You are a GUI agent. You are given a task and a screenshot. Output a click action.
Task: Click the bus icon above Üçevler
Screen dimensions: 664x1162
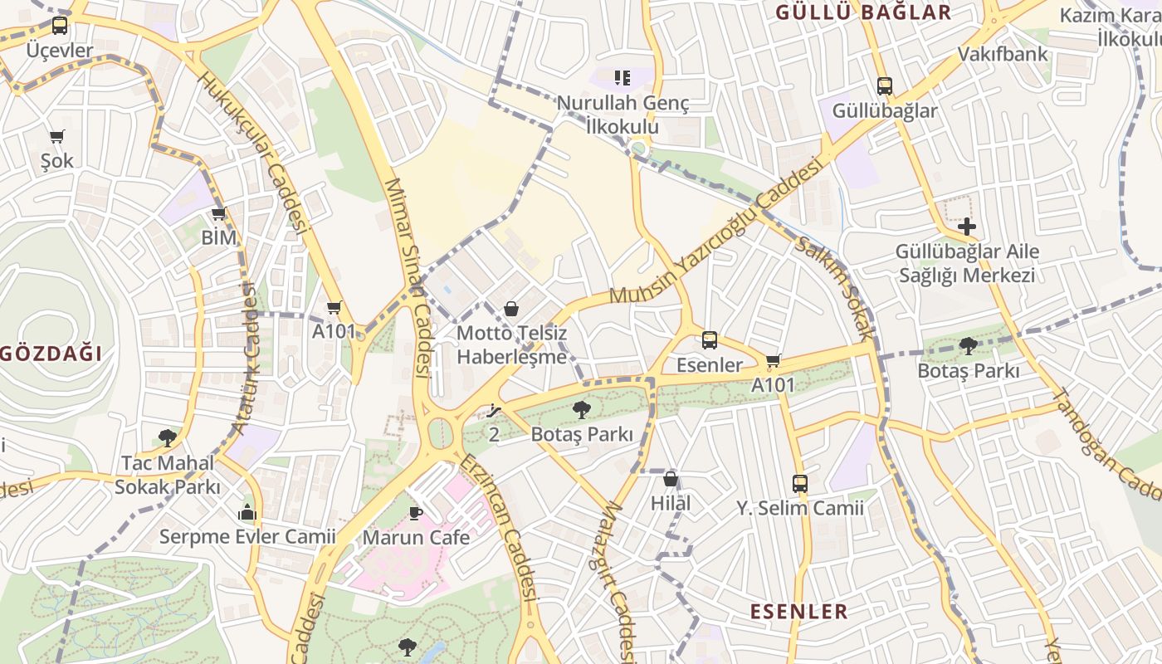[x=60, y=26]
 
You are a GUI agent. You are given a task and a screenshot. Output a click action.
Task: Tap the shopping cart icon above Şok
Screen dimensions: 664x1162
[x=56, y=136]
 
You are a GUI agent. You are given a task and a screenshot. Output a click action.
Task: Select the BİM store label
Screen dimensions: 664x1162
[x=219, y=238]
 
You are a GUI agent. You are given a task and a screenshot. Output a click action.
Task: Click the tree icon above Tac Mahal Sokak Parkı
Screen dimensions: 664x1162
[x=168, y=437]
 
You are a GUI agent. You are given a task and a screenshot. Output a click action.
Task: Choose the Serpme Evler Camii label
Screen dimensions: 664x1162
[x=247, y=537]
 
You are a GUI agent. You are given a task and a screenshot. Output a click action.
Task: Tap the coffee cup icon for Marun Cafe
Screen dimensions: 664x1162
[x=416, y=512]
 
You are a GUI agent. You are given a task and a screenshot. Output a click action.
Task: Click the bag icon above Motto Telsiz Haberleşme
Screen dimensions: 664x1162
[x=511, y=310]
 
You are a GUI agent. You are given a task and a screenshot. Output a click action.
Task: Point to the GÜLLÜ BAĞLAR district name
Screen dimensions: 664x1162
[x=863, y=12]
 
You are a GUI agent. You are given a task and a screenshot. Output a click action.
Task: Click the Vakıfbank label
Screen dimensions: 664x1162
[x=1003, y=55]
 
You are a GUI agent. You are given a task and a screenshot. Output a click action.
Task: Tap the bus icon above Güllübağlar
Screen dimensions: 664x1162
[x=885, y=85]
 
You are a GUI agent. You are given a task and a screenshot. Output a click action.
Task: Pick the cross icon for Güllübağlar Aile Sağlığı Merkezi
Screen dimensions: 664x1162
[x=967, y=226]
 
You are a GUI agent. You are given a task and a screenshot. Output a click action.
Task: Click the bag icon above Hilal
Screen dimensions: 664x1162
[x=671, y=479]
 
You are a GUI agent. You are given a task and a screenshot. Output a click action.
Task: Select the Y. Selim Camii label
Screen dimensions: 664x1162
[x=800, y=508]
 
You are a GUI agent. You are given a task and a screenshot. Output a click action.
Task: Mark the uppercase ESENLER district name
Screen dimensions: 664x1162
[x=799, y=612]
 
